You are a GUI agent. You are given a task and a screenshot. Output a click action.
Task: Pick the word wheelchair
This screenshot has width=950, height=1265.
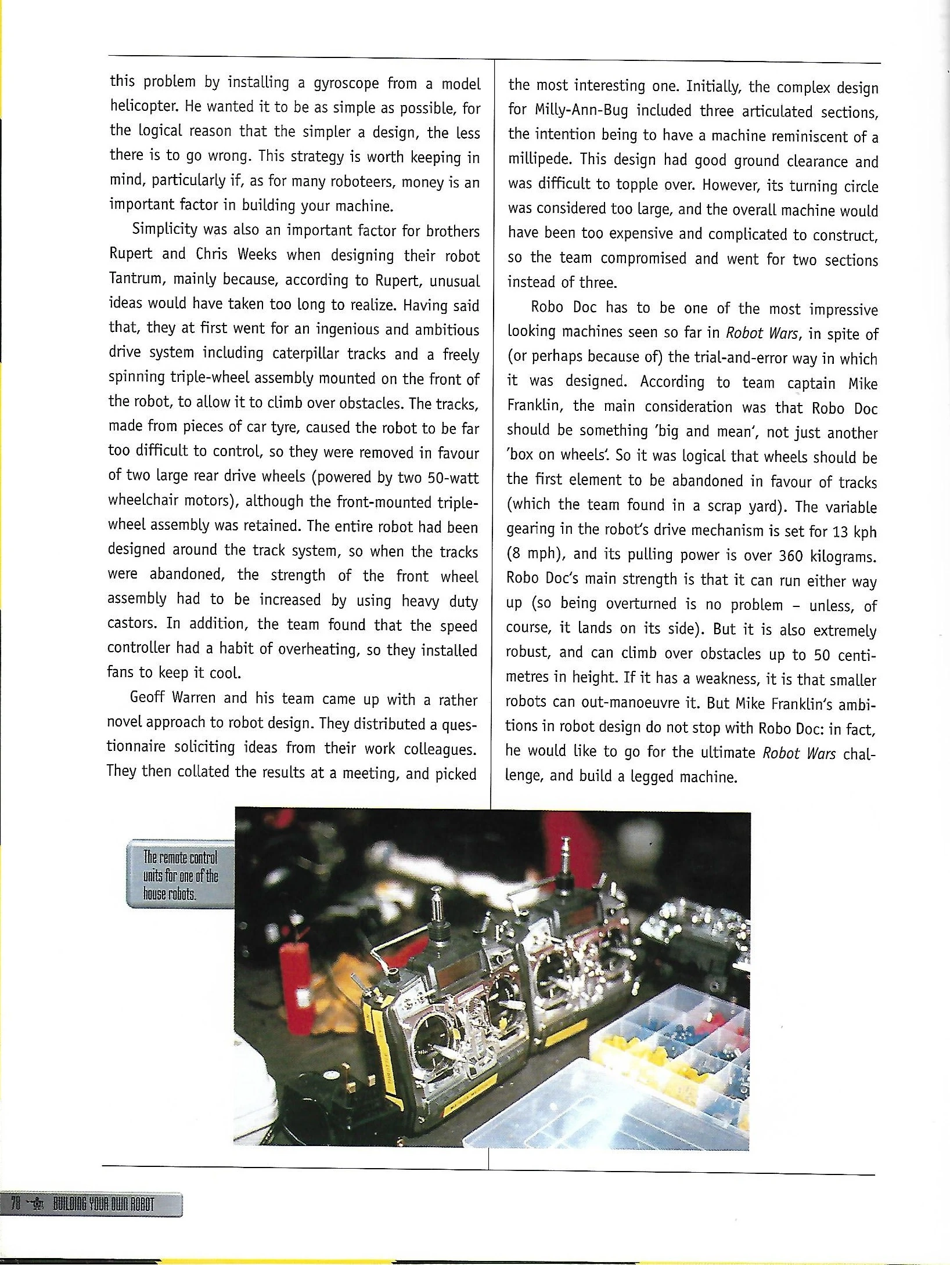coord(146,502)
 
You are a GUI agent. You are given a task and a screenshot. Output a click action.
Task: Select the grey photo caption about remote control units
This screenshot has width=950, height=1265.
coord(180,874)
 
